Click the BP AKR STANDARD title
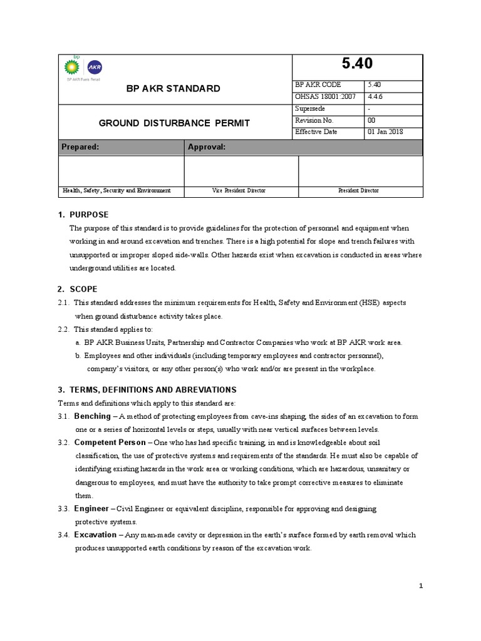(x=173, y=88)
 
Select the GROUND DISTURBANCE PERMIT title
(x=174, y=123)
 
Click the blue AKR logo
(x=94, y=68)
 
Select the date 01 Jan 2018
(x=385, y=132)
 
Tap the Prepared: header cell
(x=80, y=147)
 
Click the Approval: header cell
(x=207, y=147)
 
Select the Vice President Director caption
(x=239, y=190)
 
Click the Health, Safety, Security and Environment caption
(x=116, y=190)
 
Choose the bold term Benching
(x=92, y=416)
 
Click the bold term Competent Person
(x=110, y=443)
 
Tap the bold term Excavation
(x=95, y=535)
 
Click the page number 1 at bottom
(x=422, y=585)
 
